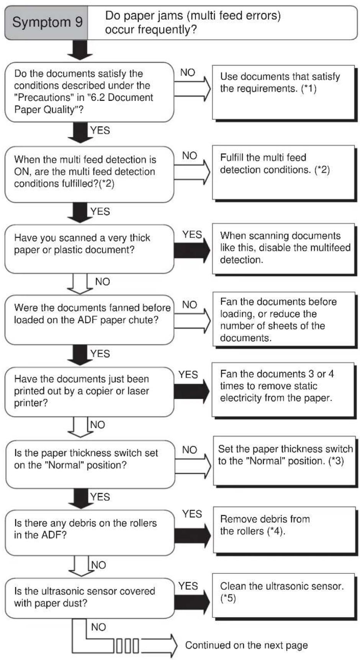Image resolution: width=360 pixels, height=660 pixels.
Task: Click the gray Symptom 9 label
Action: (x=46, y=23)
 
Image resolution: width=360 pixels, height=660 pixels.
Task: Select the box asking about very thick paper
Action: (x=89, y=249)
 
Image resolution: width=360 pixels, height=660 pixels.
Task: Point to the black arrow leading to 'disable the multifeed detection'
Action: (x=192, y=251)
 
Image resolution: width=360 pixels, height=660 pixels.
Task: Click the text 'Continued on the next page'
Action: (x=246, y=645)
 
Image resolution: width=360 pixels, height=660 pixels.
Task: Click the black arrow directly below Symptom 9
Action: (x=80, y=50)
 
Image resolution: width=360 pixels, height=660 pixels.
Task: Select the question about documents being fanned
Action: (x=89, y=319)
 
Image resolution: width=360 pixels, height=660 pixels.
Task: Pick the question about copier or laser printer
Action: (x=89, y=391)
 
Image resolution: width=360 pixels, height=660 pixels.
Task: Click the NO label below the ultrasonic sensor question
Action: (x=98, y=627)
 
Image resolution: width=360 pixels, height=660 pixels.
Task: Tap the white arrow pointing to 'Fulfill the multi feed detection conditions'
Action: (x=192, y=172)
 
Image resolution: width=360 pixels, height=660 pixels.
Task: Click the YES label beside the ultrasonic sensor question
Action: (x=188, y=586)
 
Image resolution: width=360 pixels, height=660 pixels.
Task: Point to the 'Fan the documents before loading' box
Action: (x=284, y=319)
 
